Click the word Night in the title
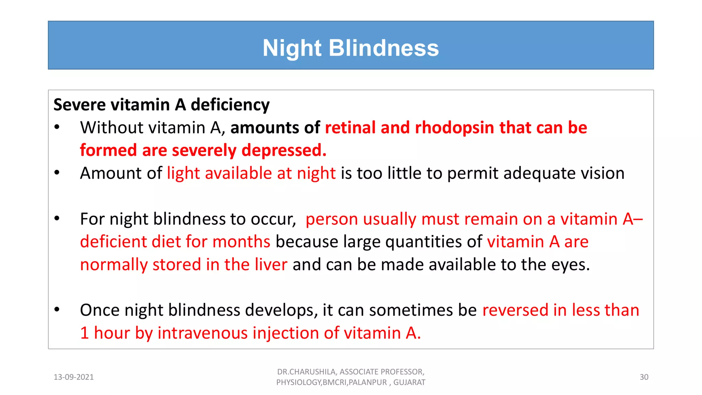pos(292,48)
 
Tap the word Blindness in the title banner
pos(384,48)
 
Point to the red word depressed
pos(284,151)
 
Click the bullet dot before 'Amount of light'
pos(57,173)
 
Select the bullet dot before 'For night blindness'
pos(57,218)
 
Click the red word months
pos(241,242)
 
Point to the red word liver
pos(271,265)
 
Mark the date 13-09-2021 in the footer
pos(74,377)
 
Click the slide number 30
pos(644,377)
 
